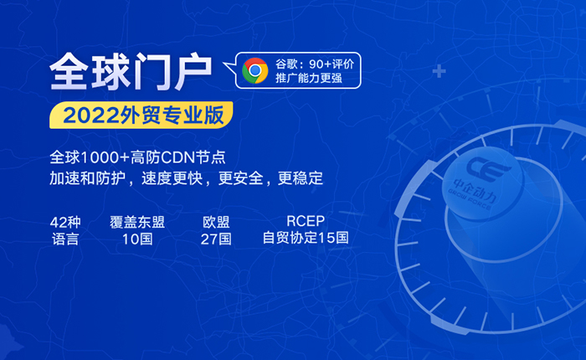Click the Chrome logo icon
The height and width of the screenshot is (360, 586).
tap(254, 70)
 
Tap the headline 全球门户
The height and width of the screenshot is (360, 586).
tap(131, 71)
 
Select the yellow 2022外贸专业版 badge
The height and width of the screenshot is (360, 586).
tap(141, 116)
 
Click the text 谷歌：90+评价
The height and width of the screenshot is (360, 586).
tap(315, 64)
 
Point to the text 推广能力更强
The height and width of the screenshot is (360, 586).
tap(309, 78)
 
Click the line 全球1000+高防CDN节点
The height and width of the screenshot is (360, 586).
tap(137, 157)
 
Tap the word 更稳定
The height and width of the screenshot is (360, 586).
tap(300, 178)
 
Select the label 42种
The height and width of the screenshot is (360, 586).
tap(65, 223)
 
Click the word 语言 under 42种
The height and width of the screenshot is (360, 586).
tap(65, 239)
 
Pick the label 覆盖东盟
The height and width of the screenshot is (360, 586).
tap(137, 223)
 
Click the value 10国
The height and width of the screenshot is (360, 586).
tap(137, 239)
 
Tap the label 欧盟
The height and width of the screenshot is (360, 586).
tap(216, 223)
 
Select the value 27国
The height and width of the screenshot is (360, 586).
tap(216, 239)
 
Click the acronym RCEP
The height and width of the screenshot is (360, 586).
tap(306, 221)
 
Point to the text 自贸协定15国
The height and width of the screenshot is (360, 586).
tap(306, 238)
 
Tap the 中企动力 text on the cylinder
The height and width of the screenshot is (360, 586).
tap(475, 190)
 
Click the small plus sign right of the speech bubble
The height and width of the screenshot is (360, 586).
tap(439, 71)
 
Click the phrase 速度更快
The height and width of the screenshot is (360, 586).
tap(172, 178)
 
